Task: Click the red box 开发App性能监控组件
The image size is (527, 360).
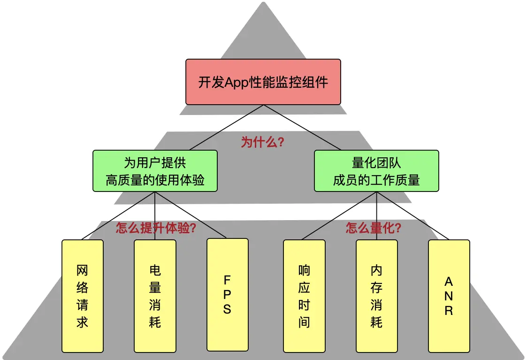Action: [x=263, y=82]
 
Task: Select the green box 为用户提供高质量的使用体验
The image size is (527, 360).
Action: [x=155, y=171]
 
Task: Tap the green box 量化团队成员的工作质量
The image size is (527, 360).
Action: [x=376, y=171]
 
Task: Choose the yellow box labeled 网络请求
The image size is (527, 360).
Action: [x=82, y=296]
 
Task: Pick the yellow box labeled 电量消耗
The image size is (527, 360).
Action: [x=155, y=296]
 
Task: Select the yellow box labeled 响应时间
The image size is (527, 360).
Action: [x=304, y=296]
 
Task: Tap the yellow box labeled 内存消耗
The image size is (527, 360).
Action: [x=376, y=296]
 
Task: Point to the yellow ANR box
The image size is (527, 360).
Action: [x=449, y=296]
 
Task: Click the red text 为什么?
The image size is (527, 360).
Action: [x=262, y=142]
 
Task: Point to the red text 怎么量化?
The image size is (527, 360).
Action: [x=374, y=229]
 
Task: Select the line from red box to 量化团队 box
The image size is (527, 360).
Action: [x=319, y=128]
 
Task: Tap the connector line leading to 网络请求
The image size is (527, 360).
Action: [x=118, y=215]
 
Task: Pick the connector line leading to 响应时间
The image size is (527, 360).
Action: [x=340, y=215]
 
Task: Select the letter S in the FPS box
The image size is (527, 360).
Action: [x=227, y=309]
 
